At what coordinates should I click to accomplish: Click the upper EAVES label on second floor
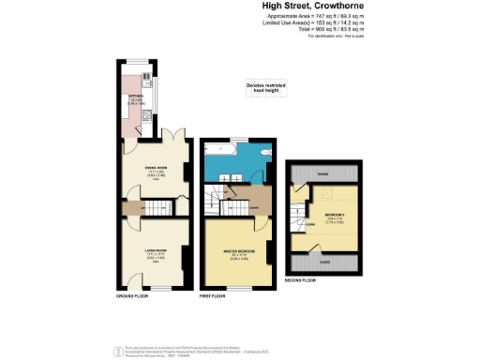pos(322,174)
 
